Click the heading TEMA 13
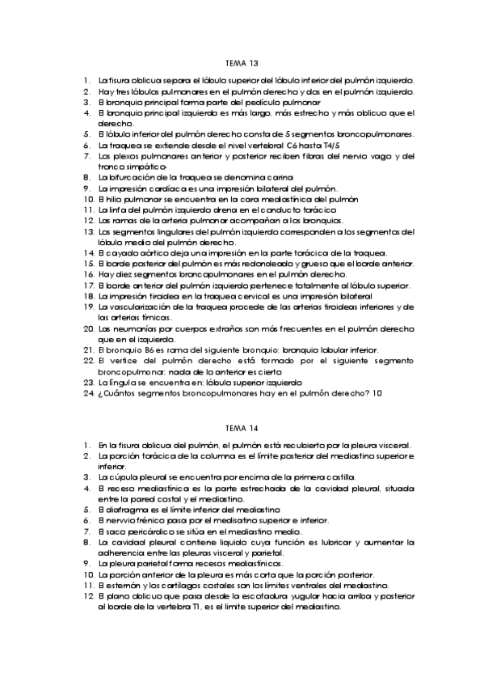coord(242,62)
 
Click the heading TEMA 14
coord(242,426)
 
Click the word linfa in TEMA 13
coord(117,209)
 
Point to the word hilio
coord(112,198)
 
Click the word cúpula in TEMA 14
coord(121,477)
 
